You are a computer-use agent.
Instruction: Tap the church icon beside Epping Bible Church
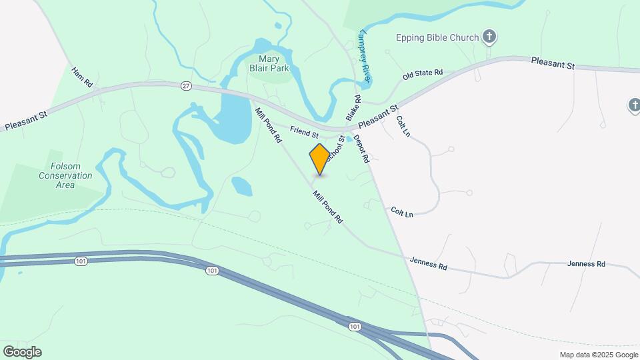[x=489, y=37]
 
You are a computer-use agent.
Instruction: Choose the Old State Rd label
[x=423, y=73]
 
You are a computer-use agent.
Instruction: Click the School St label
[x=335, y=146]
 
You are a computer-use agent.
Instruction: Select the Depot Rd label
[x=361, y=149]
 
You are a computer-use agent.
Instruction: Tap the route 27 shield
[x=186, y=85]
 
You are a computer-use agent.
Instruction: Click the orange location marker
[x=320, y=159]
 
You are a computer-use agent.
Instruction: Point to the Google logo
[x=22, y=352]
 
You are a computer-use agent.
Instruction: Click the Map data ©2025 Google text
[x=599, y=355]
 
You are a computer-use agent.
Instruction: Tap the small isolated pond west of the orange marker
[x=241, y=186]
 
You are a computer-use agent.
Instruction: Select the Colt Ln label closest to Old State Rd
[x=403, y=126]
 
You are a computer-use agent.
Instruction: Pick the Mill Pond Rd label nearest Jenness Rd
[x=327, y=207]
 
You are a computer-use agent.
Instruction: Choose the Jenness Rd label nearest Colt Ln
[x=428, y=264]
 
